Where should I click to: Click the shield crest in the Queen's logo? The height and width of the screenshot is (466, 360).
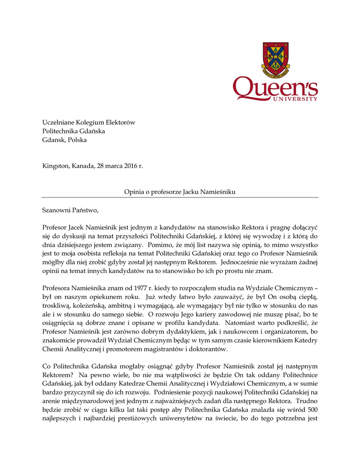(275, 59)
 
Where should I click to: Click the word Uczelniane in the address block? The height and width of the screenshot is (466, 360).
(57, 122)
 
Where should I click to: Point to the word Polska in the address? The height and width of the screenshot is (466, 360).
(77, 140)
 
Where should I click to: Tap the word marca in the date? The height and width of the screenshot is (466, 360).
(106, 166)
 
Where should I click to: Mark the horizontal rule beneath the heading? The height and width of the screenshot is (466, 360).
(180, 198)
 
